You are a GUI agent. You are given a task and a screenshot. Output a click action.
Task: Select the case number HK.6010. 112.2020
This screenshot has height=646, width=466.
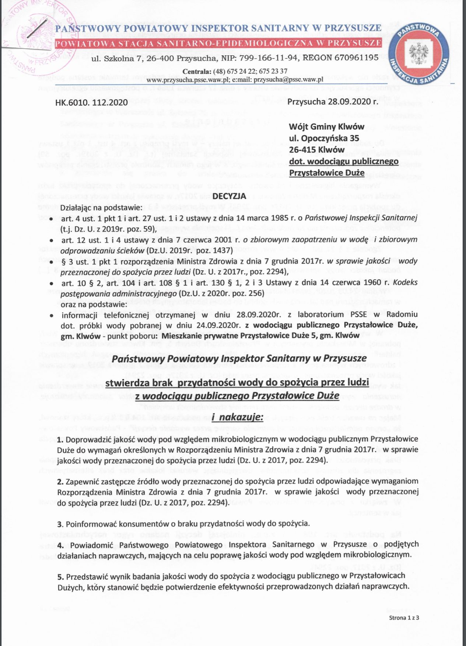click(x=91, y=103)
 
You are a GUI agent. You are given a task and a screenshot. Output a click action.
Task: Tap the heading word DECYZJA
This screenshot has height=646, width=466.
click(x=229, y=196)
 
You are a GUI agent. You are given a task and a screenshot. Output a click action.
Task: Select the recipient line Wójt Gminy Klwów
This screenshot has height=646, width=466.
click(x=326, y=127)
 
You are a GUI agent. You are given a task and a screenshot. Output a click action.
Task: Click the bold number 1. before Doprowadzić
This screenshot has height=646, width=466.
click(x=61, y=440)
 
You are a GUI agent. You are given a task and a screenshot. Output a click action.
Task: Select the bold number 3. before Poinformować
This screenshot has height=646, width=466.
click(x=61, y=524)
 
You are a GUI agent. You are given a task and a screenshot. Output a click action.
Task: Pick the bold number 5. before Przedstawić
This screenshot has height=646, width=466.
click(x=61, y=576)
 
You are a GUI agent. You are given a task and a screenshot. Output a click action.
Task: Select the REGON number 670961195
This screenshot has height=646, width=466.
click(x=356, y=58)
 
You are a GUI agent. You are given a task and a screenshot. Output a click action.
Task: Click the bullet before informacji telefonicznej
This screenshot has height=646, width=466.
click(x=52, y=316)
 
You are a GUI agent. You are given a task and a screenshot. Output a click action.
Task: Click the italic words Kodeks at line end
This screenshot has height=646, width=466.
click(x=405, y=282)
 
